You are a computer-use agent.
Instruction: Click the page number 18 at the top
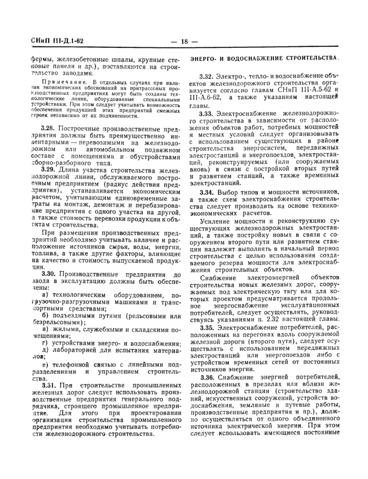click(x=183, y=42)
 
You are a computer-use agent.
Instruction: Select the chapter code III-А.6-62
click(x=204, y=98)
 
